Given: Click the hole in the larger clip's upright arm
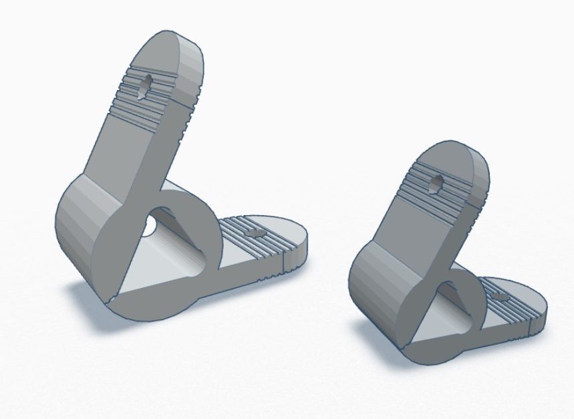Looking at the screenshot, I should tap(144, 85).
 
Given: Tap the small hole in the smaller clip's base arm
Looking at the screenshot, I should tap(499, 295).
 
